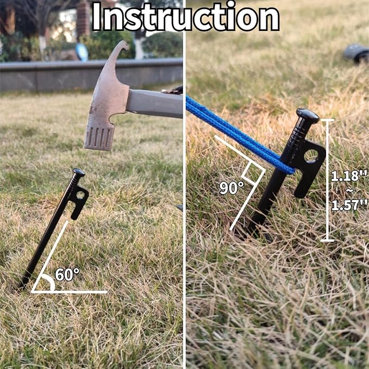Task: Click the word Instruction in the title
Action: [x=185, y=17]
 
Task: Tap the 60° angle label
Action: [x=67, y=275]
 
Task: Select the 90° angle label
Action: [x=232, y=188]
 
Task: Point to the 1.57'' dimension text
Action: [x=349, y=204]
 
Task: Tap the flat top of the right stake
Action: [x=307, y=115]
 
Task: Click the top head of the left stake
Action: [x=78, y=173]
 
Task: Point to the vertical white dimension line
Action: [x=327, y=179]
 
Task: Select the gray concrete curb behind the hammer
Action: [x=43, y=76]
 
